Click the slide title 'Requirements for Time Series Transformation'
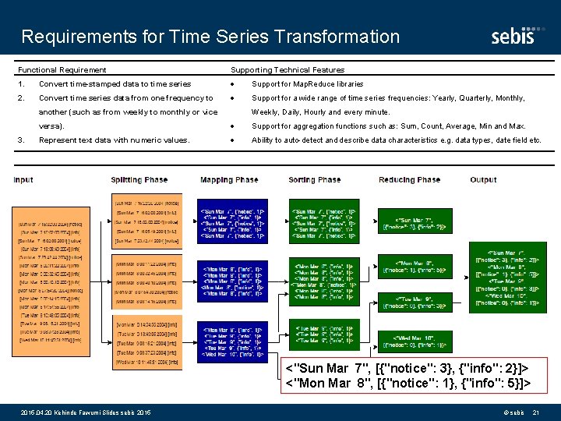pos(210,37)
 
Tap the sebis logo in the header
pos(513,37)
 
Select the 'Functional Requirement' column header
pos(62,70)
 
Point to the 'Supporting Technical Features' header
pos(288,70)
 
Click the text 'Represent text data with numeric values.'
pos(115,140)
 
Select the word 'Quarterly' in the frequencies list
pos(470,98)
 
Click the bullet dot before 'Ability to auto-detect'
pos(234,140)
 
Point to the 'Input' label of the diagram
pos(23,180)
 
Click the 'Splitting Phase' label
pos(139,180)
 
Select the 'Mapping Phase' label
pos(229,180)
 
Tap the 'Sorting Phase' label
pos(315,180)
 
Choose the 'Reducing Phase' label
pos(409,180)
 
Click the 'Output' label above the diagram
pos(483,180)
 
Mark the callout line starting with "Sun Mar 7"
pos(408,368)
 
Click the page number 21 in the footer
pos(535,412)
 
